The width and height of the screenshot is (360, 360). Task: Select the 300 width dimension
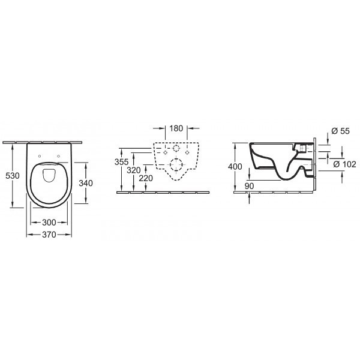pyautogui.click(x=50, y=223)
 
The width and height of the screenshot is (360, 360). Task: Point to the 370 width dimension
pyautogui.click(x=50, y=235)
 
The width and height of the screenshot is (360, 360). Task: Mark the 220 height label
pyautogui.click(x=145, y=179)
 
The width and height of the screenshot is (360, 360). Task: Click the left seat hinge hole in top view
pyautogui.click(x=40, y=157)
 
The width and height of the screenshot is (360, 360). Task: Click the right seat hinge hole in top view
pyautogui.click(x=60, y=157)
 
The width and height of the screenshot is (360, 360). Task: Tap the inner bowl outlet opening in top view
pyautogui.click(x=50, y=175)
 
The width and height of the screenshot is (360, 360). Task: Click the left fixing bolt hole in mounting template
pyautogui.click(x=163, y=153)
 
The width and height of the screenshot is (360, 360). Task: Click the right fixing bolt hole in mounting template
pyautogui.click(x=190, y=153)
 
